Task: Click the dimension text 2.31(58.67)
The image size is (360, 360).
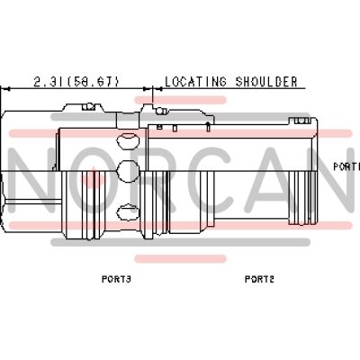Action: [x=76, y=82]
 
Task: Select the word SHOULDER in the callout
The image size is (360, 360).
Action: [x=266, y=82]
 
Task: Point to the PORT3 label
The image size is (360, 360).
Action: [x=116, y=279]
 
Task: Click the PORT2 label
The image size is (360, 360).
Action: [x=259, y=279]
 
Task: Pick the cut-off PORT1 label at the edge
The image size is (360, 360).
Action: [x=346, y=166]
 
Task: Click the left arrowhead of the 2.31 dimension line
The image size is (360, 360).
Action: [x=6, y=89]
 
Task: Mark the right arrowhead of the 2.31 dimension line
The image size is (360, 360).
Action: [x=147, y=89]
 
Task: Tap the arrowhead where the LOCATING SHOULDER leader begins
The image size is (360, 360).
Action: [x=157, y=89]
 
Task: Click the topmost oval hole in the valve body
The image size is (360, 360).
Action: [x=129, y=139]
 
